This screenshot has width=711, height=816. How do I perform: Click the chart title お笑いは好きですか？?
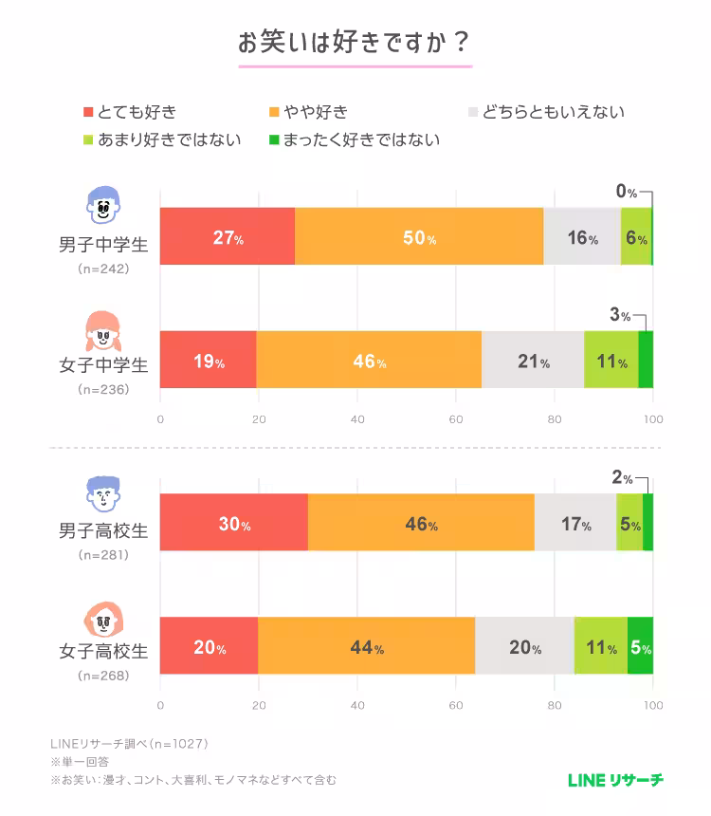(x=355, y=44)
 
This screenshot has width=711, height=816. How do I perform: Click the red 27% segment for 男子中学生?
(x=228, y=236)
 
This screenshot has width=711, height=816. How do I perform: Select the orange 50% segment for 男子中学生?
(x=419, y=236)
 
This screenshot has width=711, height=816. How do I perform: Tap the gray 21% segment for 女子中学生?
(x=533, y=360)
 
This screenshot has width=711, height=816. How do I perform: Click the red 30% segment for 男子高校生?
(x=234, y=523)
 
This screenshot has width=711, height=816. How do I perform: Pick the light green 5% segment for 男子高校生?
(x=629, y=523)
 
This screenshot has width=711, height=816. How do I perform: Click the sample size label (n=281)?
(x=103, y=554)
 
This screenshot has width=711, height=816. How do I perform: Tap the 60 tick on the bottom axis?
(x=456, y=706)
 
